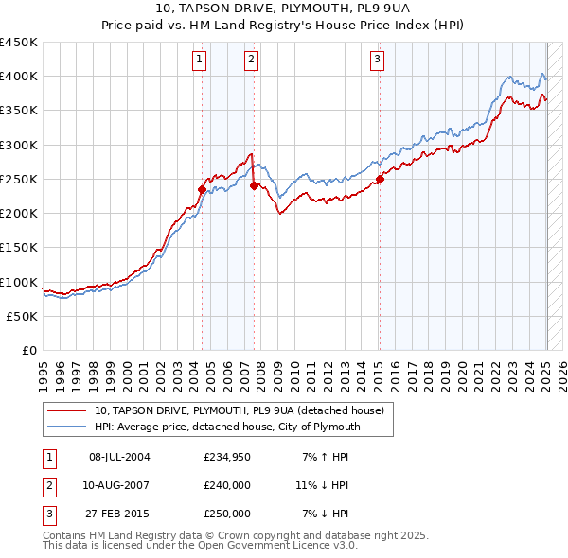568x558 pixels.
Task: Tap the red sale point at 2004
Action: tap(202, 189)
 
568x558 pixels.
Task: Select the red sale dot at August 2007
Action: tap(254, 186)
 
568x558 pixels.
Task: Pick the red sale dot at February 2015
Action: tap(380, 179)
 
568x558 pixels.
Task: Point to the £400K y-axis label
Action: tap(19, 77)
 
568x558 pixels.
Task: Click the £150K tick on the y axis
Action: tap(19, 248)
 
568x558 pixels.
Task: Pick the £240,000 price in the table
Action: tap(227, 485)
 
